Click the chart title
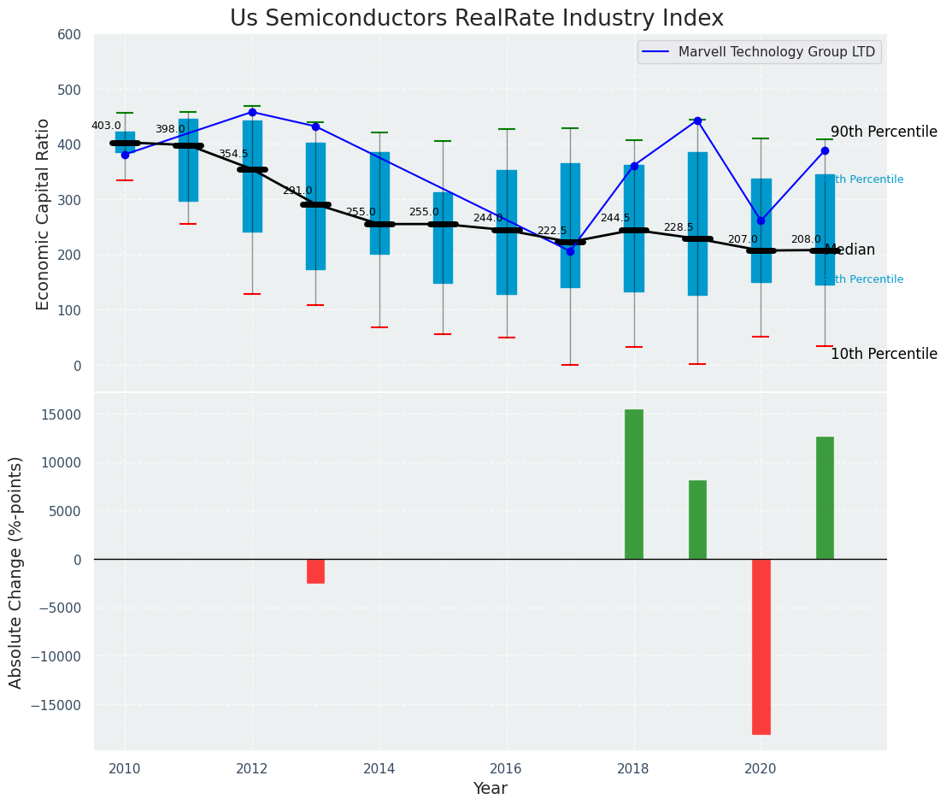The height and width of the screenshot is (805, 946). [476, 19]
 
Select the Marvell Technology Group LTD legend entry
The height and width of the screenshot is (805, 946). [776, 52]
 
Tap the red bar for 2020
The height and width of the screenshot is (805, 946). [761, 646]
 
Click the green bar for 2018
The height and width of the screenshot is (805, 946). [634, 485]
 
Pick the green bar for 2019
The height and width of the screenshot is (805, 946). [697, 520]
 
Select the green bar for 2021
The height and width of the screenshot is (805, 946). [825, 498]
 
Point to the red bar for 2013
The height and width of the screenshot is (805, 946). [315, 571]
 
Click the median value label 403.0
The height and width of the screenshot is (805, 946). [106, 126]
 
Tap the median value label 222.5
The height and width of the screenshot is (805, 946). [551, 231]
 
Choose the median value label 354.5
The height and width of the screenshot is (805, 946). [233, 154]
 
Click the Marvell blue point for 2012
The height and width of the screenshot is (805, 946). [252, 112]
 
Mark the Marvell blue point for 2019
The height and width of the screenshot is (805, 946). [697, 120]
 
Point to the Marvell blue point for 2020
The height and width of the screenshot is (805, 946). [761, 220]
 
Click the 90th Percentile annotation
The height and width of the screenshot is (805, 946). [884, 132]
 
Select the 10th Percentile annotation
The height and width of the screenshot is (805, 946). [884, 354]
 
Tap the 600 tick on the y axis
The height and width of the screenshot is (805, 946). [69, 35]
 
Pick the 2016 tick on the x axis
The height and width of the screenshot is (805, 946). [506, 768]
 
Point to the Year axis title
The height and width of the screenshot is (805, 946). [491, 789]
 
